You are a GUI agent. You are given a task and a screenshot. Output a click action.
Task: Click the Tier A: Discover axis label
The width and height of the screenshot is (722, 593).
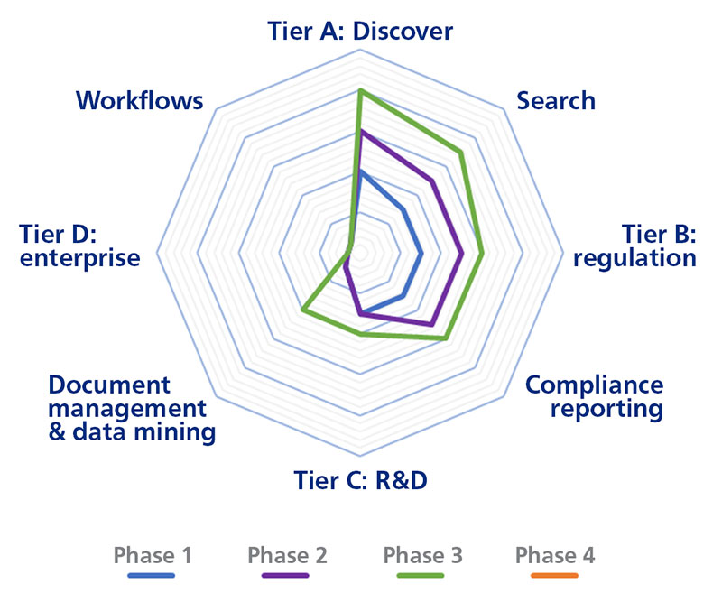click(x=360, y=32)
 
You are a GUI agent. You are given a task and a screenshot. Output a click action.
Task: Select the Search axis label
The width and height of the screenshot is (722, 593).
click(x=556, y=99)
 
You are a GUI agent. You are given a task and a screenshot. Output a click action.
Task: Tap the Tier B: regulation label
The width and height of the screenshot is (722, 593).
click(x=635, y=246)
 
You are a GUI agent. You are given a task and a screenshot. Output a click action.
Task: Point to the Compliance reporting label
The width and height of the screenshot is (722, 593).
click(x=594, y=396)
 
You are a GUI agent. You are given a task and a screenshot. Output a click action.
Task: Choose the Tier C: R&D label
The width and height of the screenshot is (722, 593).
click(x=360, y=478)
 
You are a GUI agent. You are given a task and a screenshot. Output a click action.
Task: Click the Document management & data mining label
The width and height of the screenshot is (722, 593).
click(x=132, y=409)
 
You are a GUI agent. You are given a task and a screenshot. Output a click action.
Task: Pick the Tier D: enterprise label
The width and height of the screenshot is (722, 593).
click(x=81, y=246)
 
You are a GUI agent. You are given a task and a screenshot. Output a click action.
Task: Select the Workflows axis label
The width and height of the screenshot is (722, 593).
click(x=140, y=99)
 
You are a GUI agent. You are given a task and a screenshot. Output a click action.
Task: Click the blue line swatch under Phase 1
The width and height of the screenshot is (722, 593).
click(x=153, y=575)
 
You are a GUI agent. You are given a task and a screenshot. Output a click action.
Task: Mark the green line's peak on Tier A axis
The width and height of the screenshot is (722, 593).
click(x=360, y=90)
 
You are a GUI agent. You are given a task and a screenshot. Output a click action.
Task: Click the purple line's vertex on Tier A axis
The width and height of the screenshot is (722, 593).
click(x=360, y=132)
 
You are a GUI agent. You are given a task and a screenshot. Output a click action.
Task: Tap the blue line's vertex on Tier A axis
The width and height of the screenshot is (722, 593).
click(x=360, y=171)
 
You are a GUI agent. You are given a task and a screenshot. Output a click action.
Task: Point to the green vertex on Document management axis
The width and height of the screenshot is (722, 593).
click(x=303, y=311)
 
